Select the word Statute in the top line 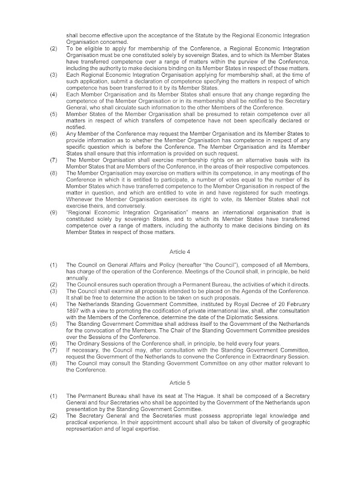pyautogui.click(x=199, y=35)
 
